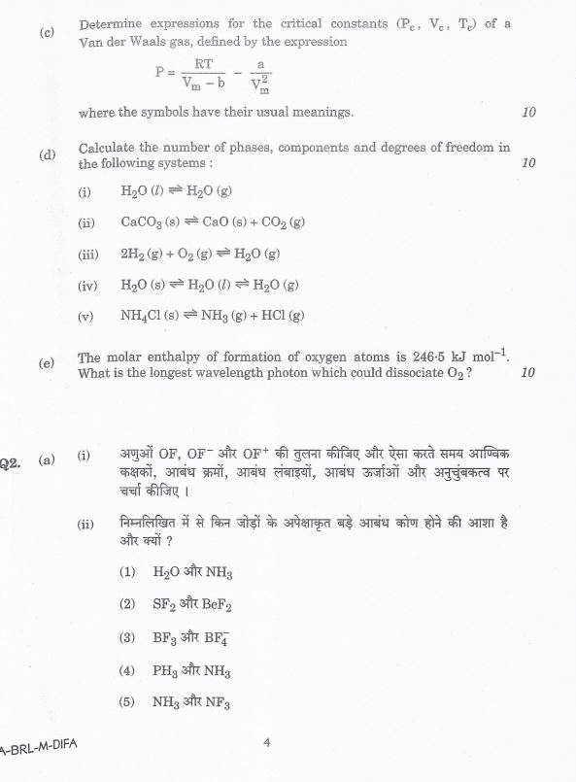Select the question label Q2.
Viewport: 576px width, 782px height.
click(10, 463)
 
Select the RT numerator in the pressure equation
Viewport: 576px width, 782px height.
click(203, 63)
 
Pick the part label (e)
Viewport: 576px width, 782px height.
click(47, 363)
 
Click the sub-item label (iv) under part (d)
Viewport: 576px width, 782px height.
click(87, 286)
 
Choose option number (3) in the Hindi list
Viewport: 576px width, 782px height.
click(127, 637)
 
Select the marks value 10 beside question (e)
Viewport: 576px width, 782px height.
click(528, 373)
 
